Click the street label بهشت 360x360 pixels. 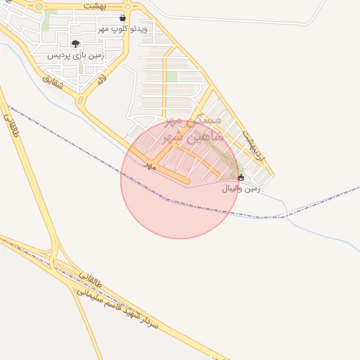click(94, 5)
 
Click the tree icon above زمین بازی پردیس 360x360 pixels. click(75, 44)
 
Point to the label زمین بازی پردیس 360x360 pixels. click(76, 55)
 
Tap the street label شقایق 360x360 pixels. click(53, 80)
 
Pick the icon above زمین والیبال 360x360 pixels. click(242, 177)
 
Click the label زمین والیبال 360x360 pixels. click(242, 188)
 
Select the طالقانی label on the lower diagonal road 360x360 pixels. click(91, 281)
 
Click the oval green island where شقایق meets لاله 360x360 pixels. click(80, 101)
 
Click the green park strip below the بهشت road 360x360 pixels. click(48, 21)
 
